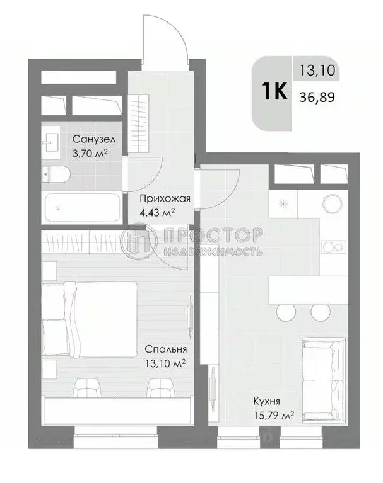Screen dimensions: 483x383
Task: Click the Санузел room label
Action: pyautogui.click(x=93, y=139)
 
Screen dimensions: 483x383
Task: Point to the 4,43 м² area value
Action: pyautogui.click(x=156, y=213)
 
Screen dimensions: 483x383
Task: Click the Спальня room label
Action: pyautogui.click(x=165, y=348)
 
